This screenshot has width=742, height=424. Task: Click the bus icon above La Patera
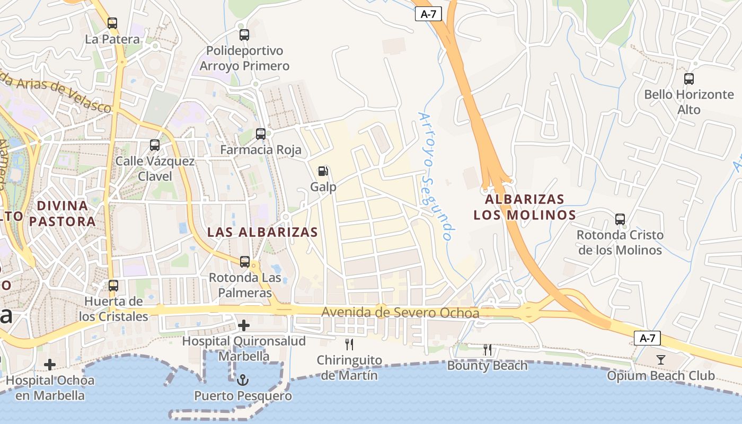click(x=112, y=23)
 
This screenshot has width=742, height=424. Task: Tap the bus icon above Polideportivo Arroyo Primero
click(x=244, y=35)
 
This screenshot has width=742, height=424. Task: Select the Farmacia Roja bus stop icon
click(x=260, y=134)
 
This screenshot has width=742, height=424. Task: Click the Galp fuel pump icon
click(x=323, y=171)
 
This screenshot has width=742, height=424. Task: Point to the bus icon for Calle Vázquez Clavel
click(x=154, y=145)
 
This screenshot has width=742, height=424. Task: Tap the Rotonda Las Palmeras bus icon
click(x=244, y=261)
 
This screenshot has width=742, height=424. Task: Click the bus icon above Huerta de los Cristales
click(x=113, y=286)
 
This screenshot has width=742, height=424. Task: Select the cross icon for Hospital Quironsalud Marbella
click(x=244, y=325)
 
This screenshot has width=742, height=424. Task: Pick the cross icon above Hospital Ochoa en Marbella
click(x=50, y=364)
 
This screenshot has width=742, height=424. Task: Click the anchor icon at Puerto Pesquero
click(x=243, y=380)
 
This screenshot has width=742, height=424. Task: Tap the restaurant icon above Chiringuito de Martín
click(x=349, y=344)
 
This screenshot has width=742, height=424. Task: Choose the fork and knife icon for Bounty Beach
click(x=487, y=350)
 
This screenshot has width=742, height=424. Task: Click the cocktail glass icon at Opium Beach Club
click(x=660, y=360)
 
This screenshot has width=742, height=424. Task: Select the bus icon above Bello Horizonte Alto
click(x=688, y=79)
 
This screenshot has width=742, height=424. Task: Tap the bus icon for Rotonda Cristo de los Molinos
click(x=620, y=219)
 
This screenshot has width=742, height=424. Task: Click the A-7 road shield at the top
click(x=428, y=14)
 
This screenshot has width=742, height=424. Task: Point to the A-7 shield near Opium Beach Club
click(x=647, y=338)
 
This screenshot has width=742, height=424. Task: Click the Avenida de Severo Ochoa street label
click(x=400, y=313)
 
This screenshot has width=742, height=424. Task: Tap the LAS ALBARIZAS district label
click(x=262, y=232)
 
